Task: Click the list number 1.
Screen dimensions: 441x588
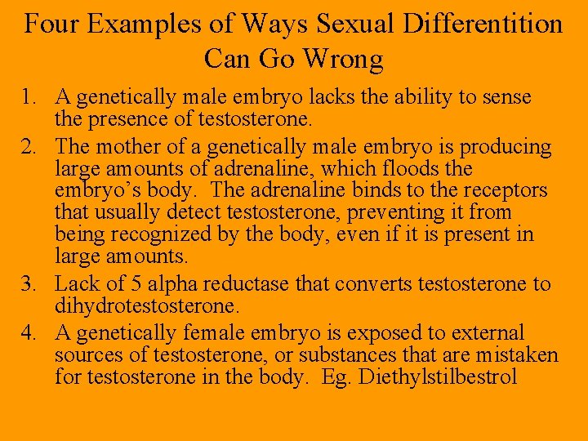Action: point(29,98)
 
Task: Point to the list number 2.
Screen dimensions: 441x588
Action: point(29,147)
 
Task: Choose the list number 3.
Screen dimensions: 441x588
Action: point(29,284)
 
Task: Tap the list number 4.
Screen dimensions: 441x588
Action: point(29,333)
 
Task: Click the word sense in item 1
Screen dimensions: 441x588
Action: point(507,98)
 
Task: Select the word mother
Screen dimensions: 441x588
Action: point(122,147)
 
